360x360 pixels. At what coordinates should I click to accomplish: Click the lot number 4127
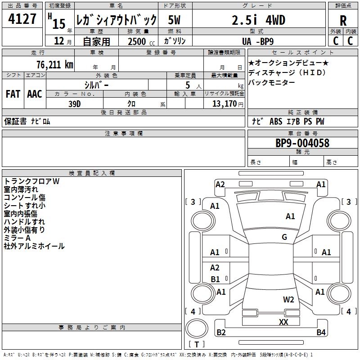point(22,20)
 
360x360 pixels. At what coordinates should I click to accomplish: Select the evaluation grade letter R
point(343,20)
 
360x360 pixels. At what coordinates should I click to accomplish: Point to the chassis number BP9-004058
point(302,143)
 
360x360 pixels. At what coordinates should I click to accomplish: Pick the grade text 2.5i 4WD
point(258,20)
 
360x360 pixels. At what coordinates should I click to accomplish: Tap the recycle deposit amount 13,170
point(224,104)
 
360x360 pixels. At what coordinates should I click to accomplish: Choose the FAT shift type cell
point(13,94)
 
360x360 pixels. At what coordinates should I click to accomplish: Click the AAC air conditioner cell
point(35,94)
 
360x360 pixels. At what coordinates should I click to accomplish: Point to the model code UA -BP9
point(258,41)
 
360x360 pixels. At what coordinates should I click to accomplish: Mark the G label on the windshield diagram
point(284,237)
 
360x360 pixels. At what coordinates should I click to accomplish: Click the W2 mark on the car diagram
point(288,299)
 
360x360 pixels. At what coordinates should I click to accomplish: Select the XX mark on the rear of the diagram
point(283,322)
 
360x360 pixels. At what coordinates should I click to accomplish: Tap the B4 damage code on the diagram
point(321,333)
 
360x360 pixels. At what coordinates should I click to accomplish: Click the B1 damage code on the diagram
point(216,279)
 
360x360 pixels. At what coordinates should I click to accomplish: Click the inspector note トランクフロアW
point(31,181)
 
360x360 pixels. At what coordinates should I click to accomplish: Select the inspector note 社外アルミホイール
point(34,246)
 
